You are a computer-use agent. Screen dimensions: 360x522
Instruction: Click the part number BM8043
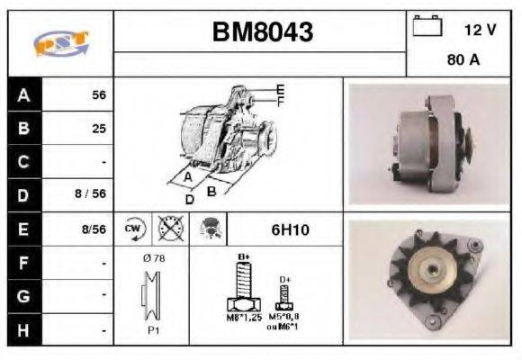pyautogui.click(x=262, y=33)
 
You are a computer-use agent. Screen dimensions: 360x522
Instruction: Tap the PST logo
pyautogui.click(x=60, y=43)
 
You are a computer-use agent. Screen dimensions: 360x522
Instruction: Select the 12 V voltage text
pyautogui.click(x=480, y=30)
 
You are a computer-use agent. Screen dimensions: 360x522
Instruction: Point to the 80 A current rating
pyautogui.click(x=463, y=61)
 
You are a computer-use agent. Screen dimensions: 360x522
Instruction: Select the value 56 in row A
pyautogui.click(x=99, y=94)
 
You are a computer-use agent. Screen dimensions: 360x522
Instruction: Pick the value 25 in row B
pyautogui.click(x=99, y=128)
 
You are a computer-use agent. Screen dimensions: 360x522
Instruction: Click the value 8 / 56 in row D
pyautogui.click(x=93, y=194)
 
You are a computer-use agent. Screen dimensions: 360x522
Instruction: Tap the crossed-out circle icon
pyautogui.click(x=170, y=229)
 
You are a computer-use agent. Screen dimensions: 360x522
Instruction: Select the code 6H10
pyautogui.click(x=290, y=229)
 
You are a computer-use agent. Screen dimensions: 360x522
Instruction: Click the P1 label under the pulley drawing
pyautogui.click(x=154, y=329)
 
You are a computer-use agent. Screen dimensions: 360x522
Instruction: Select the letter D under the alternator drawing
pyautogui.click(x=189, y=199)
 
